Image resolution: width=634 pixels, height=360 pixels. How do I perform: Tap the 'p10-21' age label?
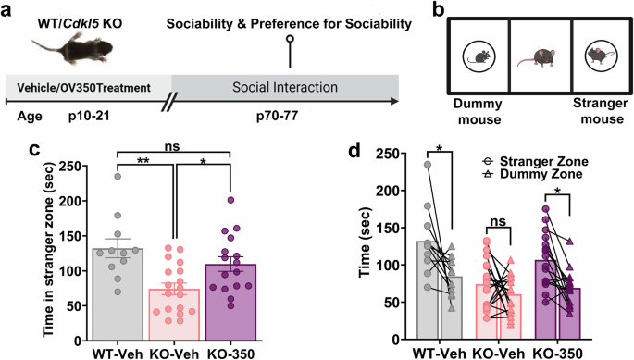tap(85, 119)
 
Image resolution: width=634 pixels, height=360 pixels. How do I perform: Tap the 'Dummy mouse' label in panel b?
tap(479, 112)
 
